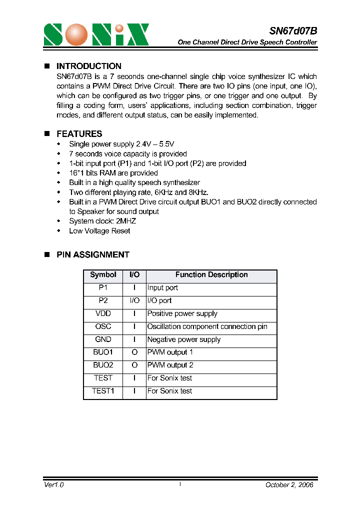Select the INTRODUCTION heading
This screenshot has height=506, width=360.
coord(88,66)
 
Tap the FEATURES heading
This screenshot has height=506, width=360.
coord(79,134)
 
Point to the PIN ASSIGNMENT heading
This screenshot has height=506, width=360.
coord(92,254)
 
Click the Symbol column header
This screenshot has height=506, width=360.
coord(103,275)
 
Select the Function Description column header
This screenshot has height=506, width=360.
coord(211,275)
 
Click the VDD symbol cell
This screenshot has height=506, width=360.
coord(103,313)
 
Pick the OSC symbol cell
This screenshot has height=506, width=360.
coord(103,326)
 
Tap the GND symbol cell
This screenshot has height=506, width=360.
coord(103,339)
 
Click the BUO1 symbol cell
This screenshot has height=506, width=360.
coord(103,352)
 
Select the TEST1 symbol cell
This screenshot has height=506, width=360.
coord(103,391)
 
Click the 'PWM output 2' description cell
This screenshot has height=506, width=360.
coord(170,365)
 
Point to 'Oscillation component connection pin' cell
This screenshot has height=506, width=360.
coord(207,326)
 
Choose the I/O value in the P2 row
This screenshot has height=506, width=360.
coord(134,300)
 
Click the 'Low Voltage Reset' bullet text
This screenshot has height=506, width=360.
coord(99,231)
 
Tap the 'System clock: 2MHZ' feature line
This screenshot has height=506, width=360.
coord(102,221)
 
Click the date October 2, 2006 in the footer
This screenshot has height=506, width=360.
coord(289,485)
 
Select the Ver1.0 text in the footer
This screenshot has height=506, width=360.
coord(54,485)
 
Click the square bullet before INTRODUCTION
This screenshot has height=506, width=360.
coord(47,66)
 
